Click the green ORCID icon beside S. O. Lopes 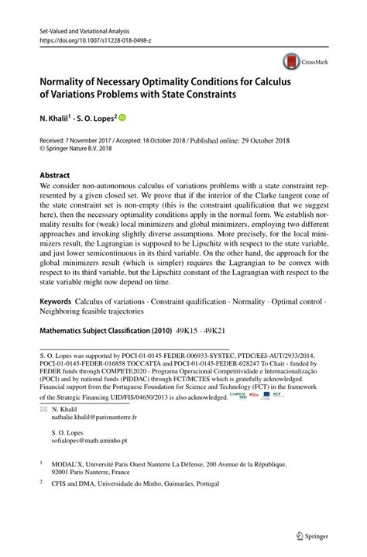point(122,119)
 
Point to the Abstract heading point(55,176)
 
